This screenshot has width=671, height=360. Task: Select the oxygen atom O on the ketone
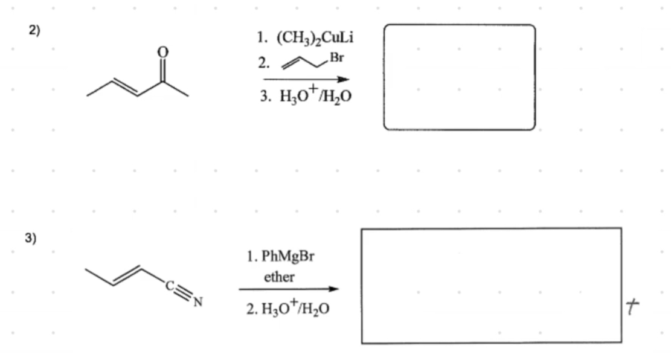[x=161, y=52]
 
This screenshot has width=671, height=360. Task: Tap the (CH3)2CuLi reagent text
[x=314, y=37]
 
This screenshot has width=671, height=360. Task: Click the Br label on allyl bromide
[x=336, y=58]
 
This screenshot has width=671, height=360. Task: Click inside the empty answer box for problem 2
[x=459, y=77]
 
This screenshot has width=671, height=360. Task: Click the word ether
[x=279, y=277]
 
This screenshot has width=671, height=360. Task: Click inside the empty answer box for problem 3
[x=491, y=285]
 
